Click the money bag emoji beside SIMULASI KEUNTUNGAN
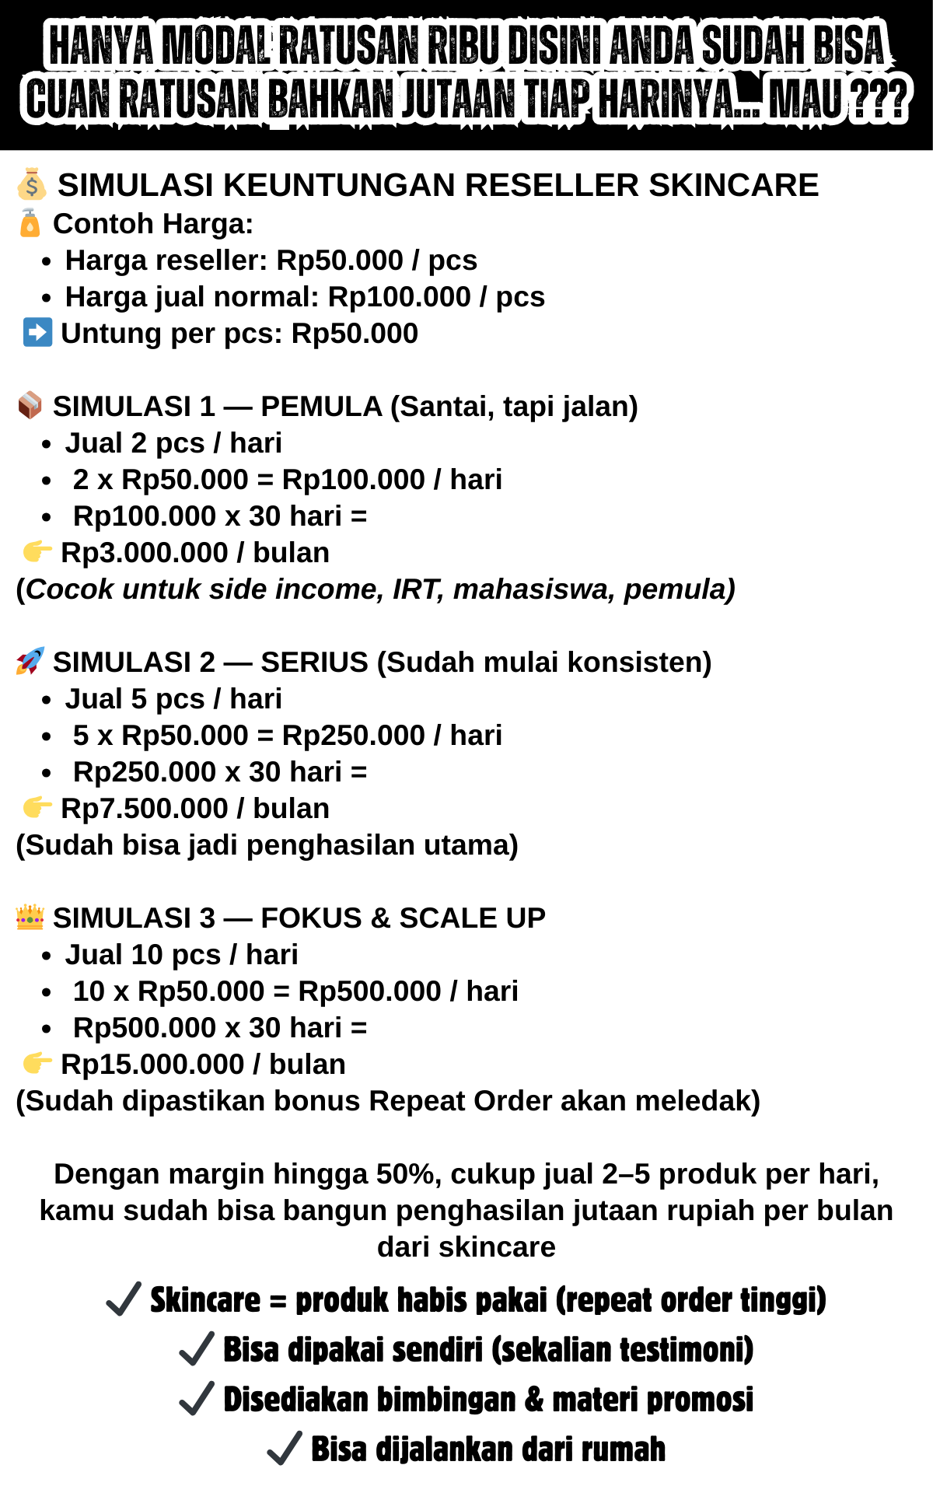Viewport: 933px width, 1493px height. [31, 184]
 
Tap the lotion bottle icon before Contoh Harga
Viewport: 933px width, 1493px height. [30, 223]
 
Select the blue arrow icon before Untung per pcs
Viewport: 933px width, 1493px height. [37, 332]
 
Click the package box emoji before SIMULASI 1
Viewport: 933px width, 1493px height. [30, 405]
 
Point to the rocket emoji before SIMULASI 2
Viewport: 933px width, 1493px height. [30, 661]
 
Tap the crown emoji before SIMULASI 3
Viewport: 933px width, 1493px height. [30, 917]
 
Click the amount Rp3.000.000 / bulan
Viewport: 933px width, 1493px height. [194, 553]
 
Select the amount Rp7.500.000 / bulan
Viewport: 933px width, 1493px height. [194, 809]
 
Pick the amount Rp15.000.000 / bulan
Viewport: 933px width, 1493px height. [202, 1065]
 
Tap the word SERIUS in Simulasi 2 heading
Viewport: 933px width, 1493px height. [314, 662]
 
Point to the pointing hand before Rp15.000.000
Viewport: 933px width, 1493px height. [37, 1062]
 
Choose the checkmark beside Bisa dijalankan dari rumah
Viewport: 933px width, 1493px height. [285, 1449]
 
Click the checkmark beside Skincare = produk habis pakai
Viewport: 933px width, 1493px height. [124, 1299]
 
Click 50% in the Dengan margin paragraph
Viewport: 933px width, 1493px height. [409, 1174]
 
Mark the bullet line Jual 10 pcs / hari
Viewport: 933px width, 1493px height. [181, 955]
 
